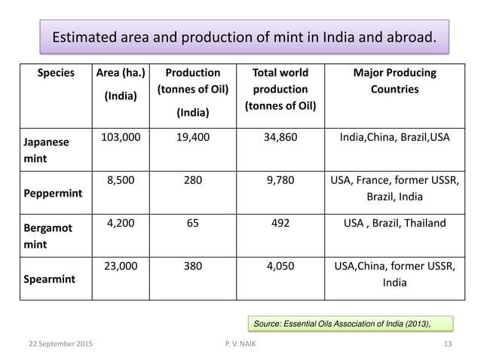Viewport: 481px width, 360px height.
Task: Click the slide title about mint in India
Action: click(244, 37)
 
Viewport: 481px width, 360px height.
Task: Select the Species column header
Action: click(55, 73)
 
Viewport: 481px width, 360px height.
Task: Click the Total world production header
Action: click(280, 89)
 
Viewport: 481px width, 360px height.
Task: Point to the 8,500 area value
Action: click(120, 181)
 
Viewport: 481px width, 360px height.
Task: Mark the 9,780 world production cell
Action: click(280, 181)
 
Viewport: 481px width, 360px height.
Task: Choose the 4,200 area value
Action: click(120, 223)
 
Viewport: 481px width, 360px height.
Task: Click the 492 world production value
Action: click(280, 223)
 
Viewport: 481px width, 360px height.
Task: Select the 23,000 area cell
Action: click(120, 265)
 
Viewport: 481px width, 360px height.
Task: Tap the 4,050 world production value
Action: click(280, 265)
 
